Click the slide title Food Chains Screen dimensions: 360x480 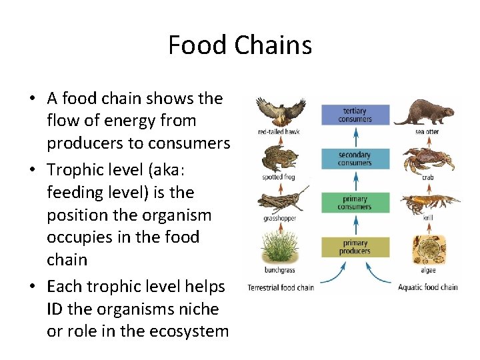(x=240, y=45)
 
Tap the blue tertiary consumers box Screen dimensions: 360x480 (x=355, y=115)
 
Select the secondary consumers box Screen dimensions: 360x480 (x=355, y=159)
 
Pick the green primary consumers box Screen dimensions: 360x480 (x=355, y=203)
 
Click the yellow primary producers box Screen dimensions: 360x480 (x=355, y=247)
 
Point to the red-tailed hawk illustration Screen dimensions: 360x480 (x=281, y=111)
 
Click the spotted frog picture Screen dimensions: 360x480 (x=279, y=157)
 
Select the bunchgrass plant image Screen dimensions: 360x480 (x=279, y=246)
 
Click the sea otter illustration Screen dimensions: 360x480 (x=427, y=111)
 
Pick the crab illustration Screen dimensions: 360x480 (x=427, y=160)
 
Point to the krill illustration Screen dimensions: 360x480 (x=427, y=203)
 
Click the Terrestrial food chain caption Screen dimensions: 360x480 (x=280, y=287)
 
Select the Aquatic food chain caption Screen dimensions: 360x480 (x=427, y=287)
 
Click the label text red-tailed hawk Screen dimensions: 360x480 (x=279, y=132)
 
